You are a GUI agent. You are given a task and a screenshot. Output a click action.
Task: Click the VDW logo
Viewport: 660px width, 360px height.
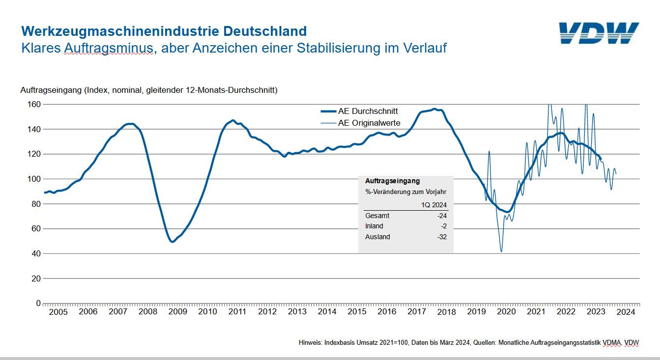[x=599, y=33]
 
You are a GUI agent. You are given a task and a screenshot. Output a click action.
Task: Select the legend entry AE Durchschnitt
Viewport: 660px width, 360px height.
[x=368, y=111]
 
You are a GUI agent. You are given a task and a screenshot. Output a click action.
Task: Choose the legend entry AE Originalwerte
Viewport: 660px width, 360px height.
[x=369, y=123]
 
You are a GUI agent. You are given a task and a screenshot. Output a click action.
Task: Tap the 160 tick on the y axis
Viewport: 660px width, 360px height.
[x=34, y=104]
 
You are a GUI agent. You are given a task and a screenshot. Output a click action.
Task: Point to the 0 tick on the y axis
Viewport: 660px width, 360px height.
[x=38, y=304]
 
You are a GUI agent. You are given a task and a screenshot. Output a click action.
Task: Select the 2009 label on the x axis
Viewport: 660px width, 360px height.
[x=177, y=312]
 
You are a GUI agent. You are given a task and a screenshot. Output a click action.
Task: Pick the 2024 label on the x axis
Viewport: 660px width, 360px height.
[x=626, y=312]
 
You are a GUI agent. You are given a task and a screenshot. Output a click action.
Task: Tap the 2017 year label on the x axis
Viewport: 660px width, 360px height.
[x=417, y=312]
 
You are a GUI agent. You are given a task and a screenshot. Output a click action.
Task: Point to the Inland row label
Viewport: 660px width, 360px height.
[x=374, y=226]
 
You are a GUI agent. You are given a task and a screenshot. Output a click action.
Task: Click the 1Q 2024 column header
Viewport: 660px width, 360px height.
[x=434, y=205]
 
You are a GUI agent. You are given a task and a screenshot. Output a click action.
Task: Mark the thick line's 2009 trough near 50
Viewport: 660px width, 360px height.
[x=172, y=242]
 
